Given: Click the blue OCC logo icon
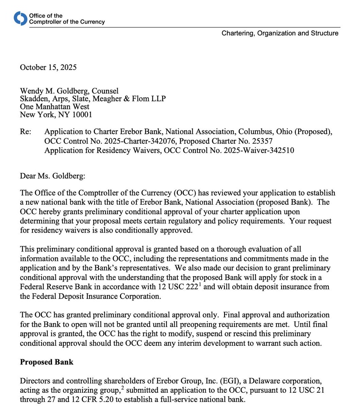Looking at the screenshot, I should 20,18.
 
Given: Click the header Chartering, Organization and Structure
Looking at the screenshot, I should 280,33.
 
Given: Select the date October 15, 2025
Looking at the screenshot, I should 48,67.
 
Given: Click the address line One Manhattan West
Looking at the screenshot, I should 55,107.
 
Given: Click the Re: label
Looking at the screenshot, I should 25,132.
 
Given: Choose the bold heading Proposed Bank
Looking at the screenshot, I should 47,362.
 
